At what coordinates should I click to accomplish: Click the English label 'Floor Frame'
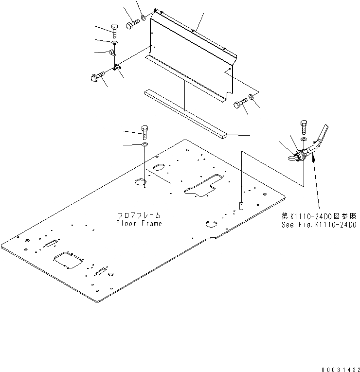pos(139,224)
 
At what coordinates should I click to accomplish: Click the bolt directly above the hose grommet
pos(304,127)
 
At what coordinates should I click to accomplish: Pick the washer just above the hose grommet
pos(304,140)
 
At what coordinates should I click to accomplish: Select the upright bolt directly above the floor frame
pos(144,131)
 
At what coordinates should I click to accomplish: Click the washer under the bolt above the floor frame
pos(145,144)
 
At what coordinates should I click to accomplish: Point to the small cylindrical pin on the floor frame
pos(241,206)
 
